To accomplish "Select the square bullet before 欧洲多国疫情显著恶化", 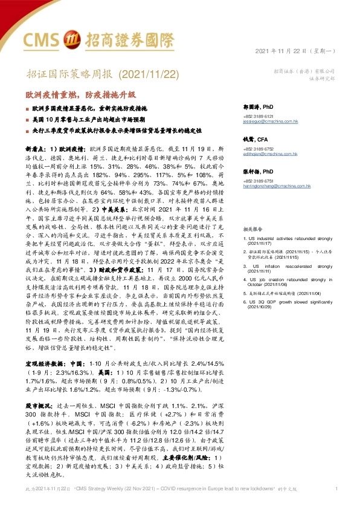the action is [x=27, y=107].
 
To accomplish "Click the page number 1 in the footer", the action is [x=336, y=488].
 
